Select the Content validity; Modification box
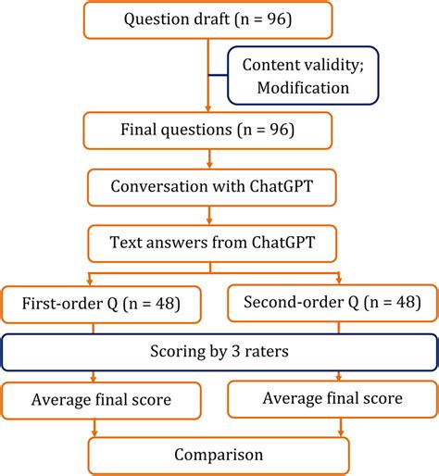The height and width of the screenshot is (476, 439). [x=295, y=74]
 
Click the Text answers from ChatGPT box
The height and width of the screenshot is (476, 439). [x=219, y=245]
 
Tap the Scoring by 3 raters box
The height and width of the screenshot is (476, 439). [x=219, y=352]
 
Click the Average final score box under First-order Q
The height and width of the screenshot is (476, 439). [x=100, y=401]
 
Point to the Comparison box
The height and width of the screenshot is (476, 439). [x=219, y=455]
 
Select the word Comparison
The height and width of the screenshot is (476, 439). [x=219, y=455]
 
